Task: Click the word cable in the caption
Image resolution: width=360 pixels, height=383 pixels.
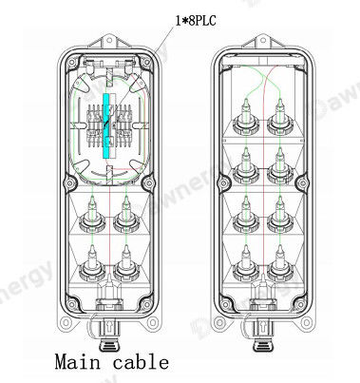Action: click(141, 362)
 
